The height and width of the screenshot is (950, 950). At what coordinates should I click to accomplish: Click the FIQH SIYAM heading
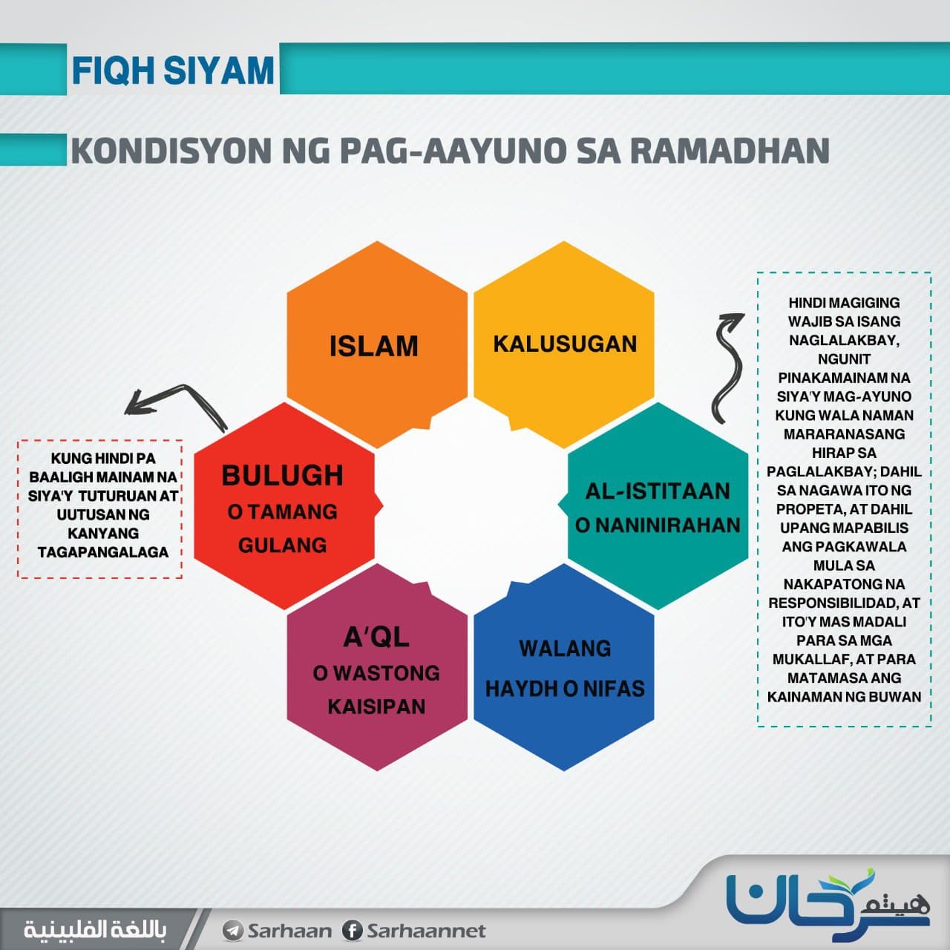172,71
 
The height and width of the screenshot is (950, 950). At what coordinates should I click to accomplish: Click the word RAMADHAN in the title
730,151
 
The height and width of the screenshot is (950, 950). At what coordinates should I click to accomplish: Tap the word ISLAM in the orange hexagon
373,346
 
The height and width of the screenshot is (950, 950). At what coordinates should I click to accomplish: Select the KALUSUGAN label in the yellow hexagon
565,344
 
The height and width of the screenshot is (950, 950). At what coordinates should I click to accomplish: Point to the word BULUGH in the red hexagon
283,475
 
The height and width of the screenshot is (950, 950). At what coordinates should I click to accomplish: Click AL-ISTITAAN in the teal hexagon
658,491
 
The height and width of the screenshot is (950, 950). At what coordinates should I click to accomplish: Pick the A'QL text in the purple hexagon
376,637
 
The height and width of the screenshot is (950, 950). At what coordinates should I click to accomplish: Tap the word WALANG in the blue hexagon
565,649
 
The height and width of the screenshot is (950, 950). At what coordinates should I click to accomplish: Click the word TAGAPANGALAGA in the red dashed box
103,552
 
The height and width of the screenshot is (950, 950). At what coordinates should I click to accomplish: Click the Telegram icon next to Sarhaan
232,931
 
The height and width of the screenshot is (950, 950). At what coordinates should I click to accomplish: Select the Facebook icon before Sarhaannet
353,931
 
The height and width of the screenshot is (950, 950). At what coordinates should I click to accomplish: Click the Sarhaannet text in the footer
427,931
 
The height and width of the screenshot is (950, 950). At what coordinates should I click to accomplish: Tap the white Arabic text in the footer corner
95,930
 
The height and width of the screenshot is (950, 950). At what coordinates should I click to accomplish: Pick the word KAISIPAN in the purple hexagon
376,707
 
